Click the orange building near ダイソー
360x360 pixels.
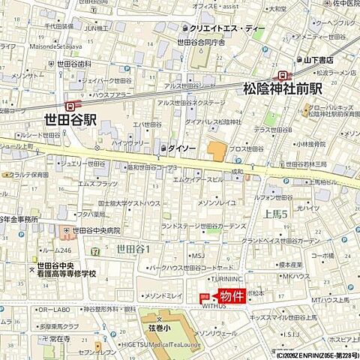(217, 151)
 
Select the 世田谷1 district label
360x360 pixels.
(133, 248)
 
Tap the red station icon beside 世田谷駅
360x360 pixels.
(70, 106)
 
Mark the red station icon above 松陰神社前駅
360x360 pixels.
(283, 75)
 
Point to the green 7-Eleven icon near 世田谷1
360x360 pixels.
(94, 248)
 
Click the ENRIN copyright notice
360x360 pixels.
(316, 355)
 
